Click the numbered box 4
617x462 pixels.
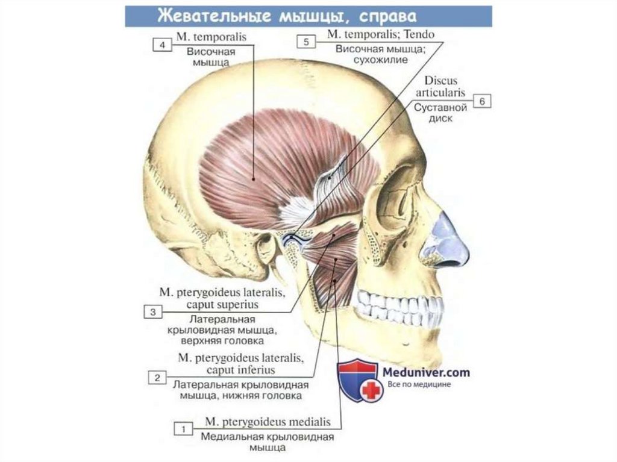coord(160,45)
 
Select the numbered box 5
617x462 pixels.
coord(307,42)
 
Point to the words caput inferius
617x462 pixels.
coord(241,369)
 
